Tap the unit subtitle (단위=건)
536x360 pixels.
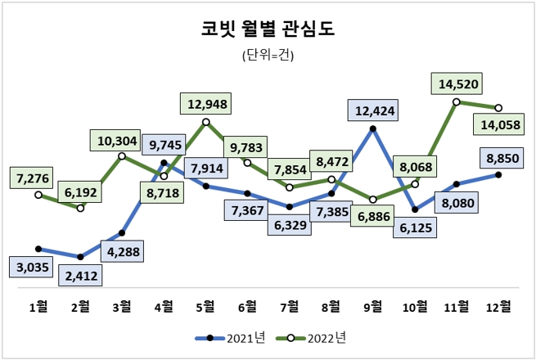click(268, 56)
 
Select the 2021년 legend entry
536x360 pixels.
click(230, 337)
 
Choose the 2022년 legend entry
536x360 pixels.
click(313, 337)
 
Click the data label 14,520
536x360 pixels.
click(458, 83)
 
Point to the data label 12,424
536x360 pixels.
click(373, 110)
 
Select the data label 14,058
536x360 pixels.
click(500, 125)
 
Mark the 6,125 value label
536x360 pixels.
click(417, 231)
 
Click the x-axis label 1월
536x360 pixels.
click(38, 307)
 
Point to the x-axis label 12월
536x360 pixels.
click(499, 307)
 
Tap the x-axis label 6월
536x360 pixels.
click(248, 307)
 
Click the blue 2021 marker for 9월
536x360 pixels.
click(373, 128)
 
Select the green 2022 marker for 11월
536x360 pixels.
click(457, 101)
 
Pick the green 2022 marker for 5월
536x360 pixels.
click(206, 122)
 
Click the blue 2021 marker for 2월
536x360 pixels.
click(80, 257)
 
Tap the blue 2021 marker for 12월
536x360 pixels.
click(498, 174)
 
